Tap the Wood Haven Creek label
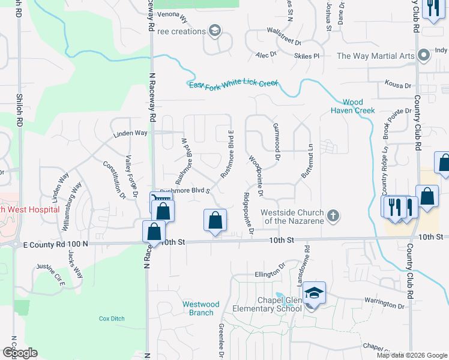coord(352,106)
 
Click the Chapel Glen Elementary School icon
coord(314,293)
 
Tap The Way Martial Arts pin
coord(424,56)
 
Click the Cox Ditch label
coord(111,318)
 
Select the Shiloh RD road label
coord(20,113)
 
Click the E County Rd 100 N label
coord(55,244)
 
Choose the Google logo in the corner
coord(20,353)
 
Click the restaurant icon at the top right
coord(432,8)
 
